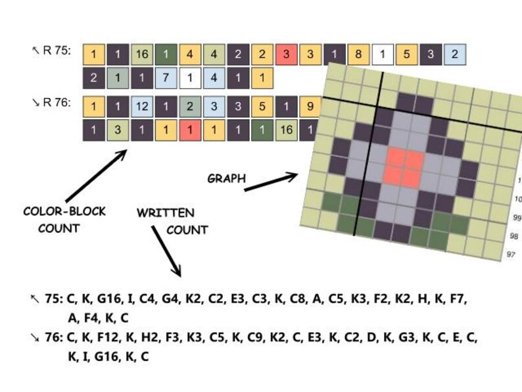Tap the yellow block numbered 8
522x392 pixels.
point(358,55)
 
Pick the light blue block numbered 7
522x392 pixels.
point(166,78)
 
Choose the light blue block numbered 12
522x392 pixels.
point(142,107)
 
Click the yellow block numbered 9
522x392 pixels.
point(310,107)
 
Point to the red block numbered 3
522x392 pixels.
point(286,55)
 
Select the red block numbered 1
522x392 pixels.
point(190,130)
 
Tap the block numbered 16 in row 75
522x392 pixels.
point(142,55)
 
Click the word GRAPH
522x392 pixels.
point(227,178)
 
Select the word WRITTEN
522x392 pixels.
point(166,213)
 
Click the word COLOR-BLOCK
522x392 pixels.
point(64,211)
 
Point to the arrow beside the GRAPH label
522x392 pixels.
point(271,182)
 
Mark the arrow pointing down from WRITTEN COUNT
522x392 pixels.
point(166,251)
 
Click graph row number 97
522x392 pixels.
point(511,255)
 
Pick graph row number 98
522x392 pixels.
point(514,236)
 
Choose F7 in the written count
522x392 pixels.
point(458,299)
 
